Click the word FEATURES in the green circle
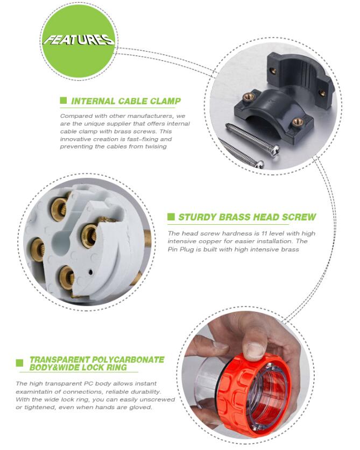[79, 40]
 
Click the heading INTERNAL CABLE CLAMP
[126, 101]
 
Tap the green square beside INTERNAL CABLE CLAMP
[63, 101]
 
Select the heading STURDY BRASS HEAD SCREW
[247, 217]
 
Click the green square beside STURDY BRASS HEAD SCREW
[171, 217]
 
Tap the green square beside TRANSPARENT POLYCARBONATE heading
[19, 363]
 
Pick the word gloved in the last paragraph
[141, 407]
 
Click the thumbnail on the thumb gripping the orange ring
[255, 350]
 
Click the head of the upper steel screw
[274, 149]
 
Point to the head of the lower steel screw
[260, 164]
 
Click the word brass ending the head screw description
[290, 249]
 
